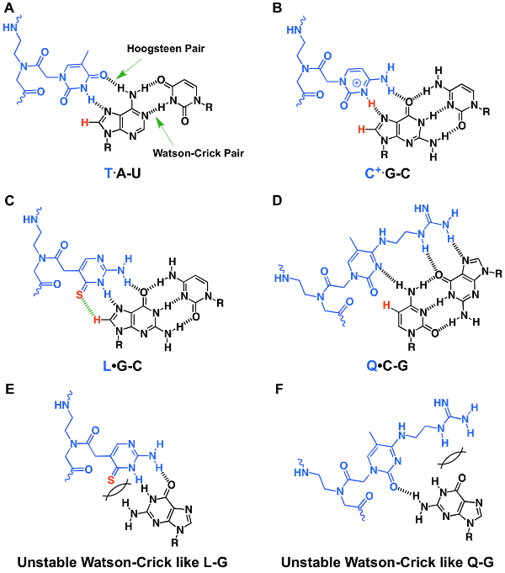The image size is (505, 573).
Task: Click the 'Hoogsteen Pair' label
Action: click(x=166, y=49)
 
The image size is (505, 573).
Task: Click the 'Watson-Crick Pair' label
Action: click(x=198, y=153)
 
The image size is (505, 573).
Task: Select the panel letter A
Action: click(x=9, y=8)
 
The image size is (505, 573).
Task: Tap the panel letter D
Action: click(x=278, y=200)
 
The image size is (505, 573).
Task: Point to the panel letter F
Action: click(x=279, y=389)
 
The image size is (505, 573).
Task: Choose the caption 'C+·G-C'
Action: click(x=388, y=172)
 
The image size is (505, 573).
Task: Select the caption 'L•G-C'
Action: click(x=122, y=365)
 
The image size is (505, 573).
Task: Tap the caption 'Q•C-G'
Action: click(x=387, y=365)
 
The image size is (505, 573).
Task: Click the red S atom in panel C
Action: click(x=79, y=294)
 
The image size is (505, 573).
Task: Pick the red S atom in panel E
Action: click(x=111, y=480)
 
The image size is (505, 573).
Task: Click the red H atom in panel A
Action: click(x=85, y=122)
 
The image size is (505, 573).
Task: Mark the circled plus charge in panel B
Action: click(x=356, y=83)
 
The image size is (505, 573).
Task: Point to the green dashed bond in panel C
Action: click(x=88, y=308)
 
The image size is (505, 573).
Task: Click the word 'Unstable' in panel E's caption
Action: click(x=46, y=562)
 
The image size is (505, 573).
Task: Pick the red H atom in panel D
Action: click(x=387, y=305)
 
